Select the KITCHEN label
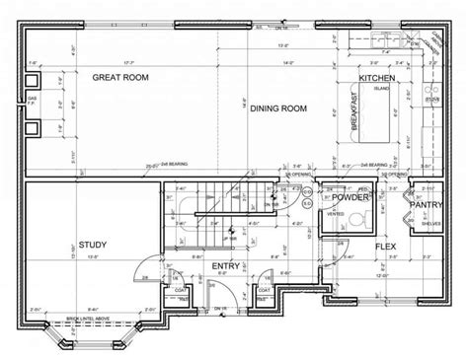tap(377, 77)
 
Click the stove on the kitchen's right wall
tap(431, 100)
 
